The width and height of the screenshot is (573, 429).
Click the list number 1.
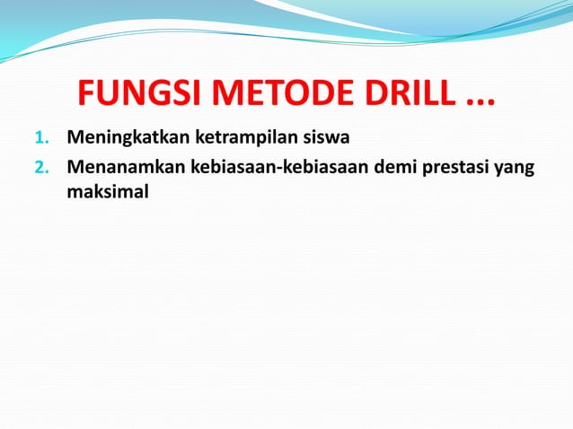coord(39,140)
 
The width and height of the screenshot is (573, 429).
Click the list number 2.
coord(39,168)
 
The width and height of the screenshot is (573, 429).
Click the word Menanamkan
coord(124,168)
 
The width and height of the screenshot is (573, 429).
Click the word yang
coord(523,169)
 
